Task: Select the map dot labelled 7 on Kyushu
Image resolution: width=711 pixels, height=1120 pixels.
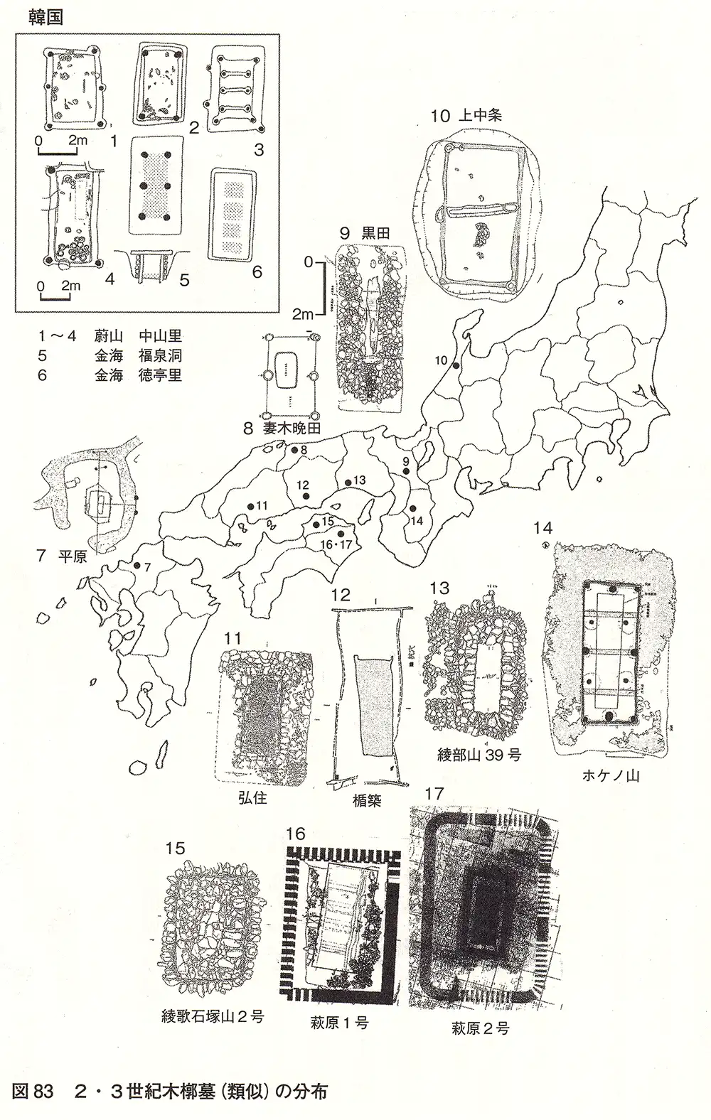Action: point(137,566)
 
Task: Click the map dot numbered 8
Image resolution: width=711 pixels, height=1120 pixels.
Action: point(293,450)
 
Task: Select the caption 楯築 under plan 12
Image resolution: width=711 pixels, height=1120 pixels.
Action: point(367,800)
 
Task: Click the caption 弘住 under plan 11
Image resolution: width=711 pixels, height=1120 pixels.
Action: point(252,797)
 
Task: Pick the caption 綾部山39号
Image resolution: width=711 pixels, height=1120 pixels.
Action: point(479,755)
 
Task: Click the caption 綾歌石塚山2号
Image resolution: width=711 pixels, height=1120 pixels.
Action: point(213,1016)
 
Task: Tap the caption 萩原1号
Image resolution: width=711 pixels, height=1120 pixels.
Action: point(340,1023)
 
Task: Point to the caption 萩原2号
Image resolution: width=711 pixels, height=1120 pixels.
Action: point(480,1028)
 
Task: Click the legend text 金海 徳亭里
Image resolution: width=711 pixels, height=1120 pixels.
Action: point(138,375)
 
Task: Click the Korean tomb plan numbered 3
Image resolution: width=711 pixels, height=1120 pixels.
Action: point(232,92)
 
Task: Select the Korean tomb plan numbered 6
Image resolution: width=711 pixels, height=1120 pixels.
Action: point(234,213)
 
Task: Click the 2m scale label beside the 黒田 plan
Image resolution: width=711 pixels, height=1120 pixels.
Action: point(304,313)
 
